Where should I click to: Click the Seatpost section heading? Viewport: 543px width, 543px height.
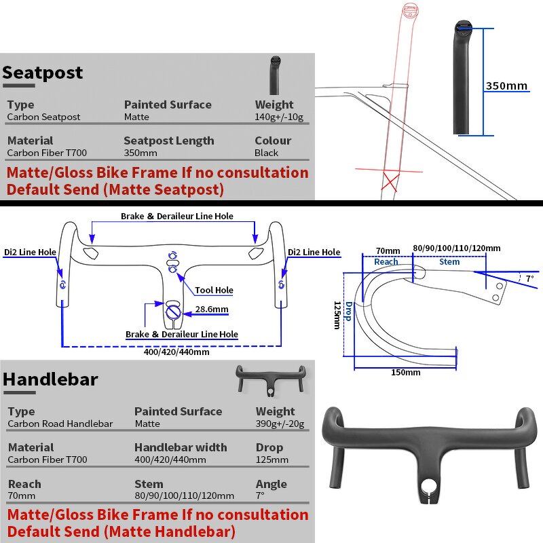(x=43, y=73)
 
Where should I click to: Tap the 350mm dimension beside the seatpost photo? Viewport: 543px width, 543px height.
(x=506, y=86)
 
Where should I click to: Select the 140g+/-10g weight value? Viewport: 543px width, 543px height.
(x=280, y=117)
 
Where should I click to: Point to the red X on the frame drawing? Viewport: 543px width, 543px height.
(x=390, y=182)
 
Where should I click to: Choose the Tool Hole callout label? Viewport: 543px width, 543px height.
(x=214, y=290)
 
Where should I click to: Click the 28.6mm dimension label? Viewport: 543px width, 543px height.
(x=211, y=310)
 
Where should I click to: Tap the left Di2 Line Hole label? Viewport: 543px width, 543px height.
(x=30, y=252)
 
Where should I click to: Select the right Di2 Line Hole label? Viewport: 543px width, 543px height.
(x=314, y=252)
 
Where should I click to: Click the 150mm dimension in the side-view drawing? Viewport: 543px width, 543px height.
(x=405, y=372)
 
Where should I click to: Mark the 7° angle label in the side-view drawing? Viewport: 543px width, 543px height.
(x=530, y=279)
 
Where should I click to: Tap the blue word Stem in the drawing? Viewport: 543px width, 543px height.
(x=449, y=261)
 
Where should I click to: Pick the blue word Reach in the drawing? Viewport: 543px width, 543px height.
(x=386, y=261)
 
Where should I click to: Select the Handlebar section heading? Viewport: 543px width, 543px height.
(x=50, y=379)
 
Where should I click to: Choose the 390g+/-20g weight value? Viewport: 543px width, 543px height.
(x=280, y=424)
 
